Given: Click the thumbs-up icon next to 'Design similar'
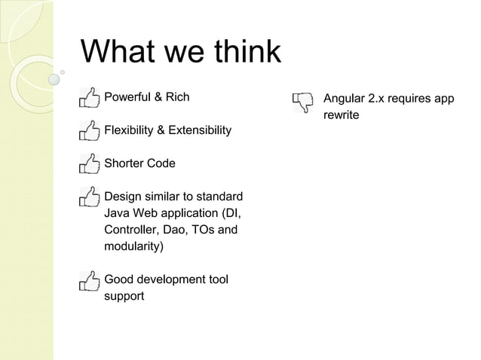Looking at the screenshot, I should click(x=89, y=197).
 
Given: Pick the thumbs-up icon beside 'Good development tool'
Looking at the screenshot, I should click(x=89, y=281).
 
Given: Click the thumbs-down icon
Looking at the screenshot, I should click(x=304, y=102).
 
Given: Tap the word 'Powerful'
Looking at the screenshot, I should click(x=127, y=97).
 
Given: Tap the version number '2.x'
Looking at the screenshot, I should click(x=380, y=99).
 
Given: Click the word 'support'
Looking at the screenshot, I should click(x=124, y=296).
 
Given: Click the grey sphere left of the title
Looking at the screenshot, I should click(x=54, y=78).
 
